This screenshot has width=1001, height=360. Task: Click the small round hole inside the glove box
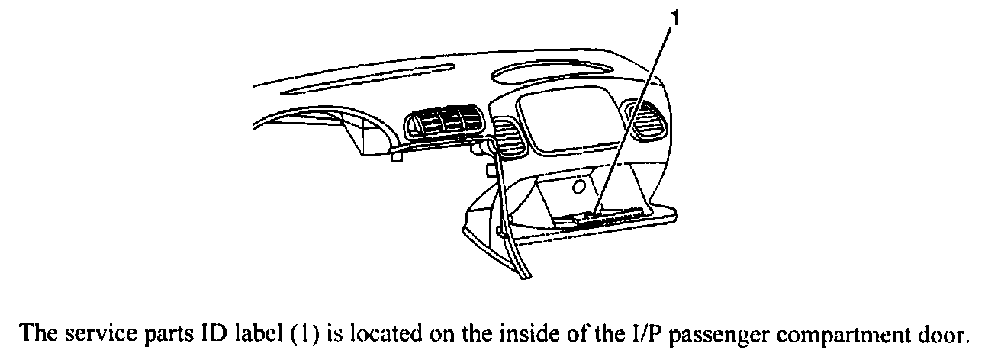coord(580,185)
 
